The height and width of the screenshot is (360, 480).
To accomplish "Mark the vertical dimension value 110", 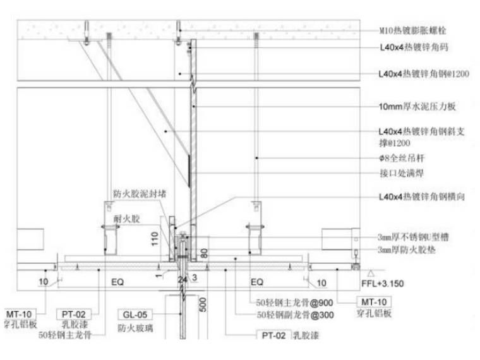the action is tap(155, 237).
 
